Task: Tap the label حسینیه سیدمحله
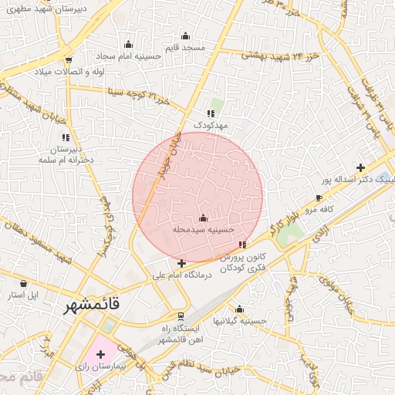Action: click(203, 229)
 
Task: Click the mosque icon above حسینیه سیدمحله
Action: click(203, 218)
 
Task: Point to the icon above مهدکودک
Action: click(211, 113)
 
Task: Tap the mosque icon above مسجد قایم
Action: click(185, 35)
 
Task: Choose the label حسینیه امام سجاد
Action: click(127, 56)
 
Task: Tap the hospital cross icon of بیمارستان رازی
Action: click(100, 353)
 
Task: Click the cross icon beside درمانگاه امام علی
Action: click(181, 263)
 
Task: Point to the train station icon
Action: click(181, 316)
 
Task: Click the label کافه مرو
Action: click(316, 209)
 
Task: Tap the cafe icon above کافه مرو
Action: click(319, 198)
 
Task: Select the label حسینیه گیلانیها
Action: click(241, 320)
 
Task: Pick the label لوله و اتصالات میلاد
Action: click(68, 71)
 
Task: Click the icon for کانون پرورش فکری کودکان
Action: click(243, 245)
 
